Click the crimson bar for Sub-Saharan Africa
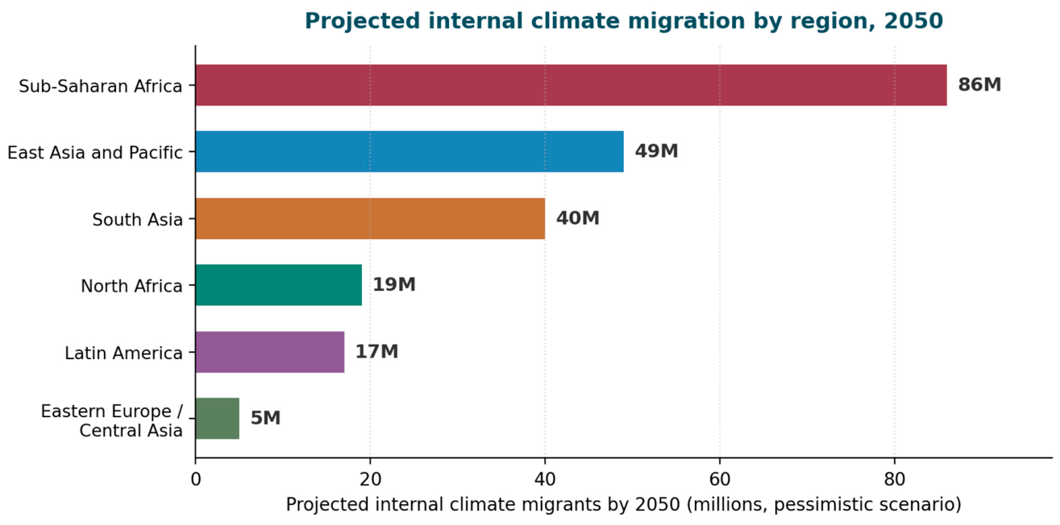(x=572, y=85)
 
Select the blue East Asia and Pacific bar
(x=409, y=151)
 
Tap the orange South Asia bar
(x=370, y=218)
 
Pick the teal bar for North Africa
(x=279, y=285)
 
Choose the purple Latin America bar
(x=270, y=352)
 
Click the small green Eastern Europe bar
(x=217, y=419)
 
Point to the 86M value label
(x=979, y=85)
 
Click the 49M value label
(x=656, y=151)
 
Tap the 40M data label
(x=578, y=218)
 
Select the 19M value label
(x=394, y=285)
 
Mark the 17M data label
(x=376, y=352)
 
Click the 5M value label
(x=265, y=418)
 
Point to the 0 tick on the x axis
(x=195, y=480)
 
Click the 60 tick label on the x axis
(x=720, y=480)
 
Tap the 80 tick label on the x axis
(x=895, y=480)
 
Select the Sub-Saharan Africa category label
(x=100, y=86)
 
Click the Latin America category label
(x=123, y=353)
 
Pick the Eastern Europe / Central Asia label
(x=112, y=421)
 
